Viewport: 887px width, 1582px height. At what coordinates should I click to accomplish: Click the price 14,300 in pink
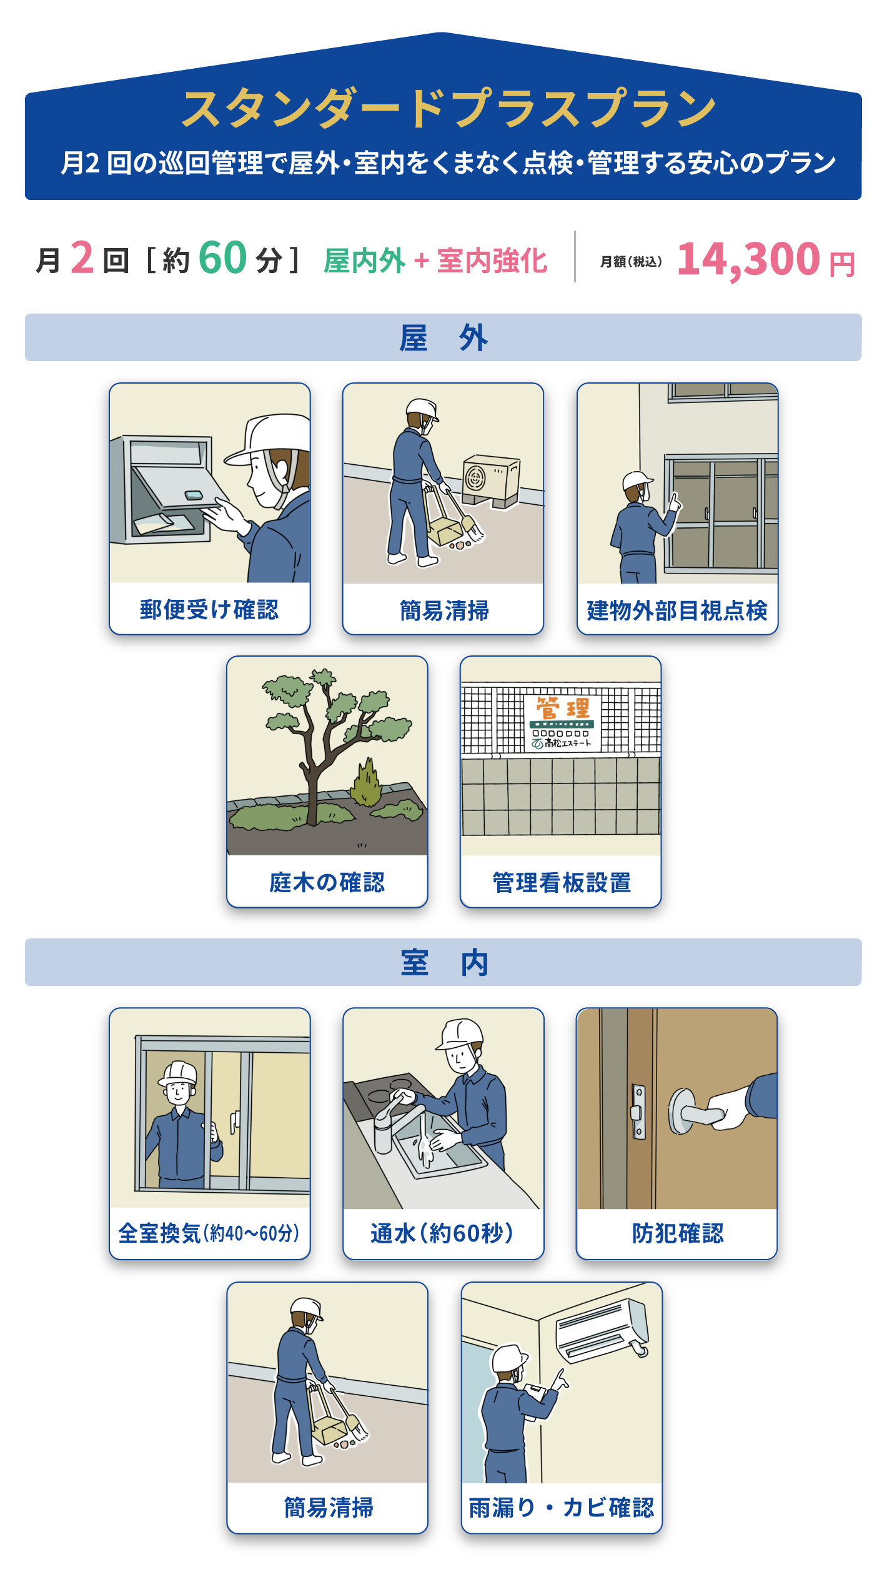[748, 259]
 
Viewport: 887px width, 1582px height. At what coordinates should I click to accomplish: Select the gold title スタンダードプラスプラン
[448, 109]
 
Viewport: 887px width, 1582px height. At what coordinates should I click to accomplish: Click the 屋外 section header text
[443, 338]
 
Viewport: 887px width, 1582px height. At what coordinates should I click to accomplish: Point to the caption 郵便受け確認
[209, 610]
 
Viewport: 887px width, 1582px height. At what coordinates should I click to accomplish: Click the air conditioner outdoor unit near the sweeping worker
[491, 480]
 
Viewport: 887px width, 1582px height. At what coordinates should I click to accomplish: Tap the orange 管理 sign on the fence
[562, 709]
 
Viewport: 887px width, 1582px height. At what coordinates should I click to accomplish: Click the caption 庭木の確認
[327, 882]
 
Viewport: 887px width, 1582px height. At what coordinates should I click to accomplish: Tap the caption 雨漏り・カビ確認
[562, 1508]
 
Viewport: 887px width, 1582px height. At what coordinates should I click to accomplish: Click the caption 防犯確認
[678, 1233]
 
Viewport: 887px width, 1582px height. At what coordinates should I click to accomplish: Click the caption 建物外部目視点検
[677, 610]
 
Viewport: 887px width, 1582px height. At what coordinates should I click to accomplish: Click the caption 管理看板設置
[562, 883]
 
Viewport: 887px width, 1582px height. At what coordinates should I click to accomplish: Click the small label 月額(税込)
[631, 262]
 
